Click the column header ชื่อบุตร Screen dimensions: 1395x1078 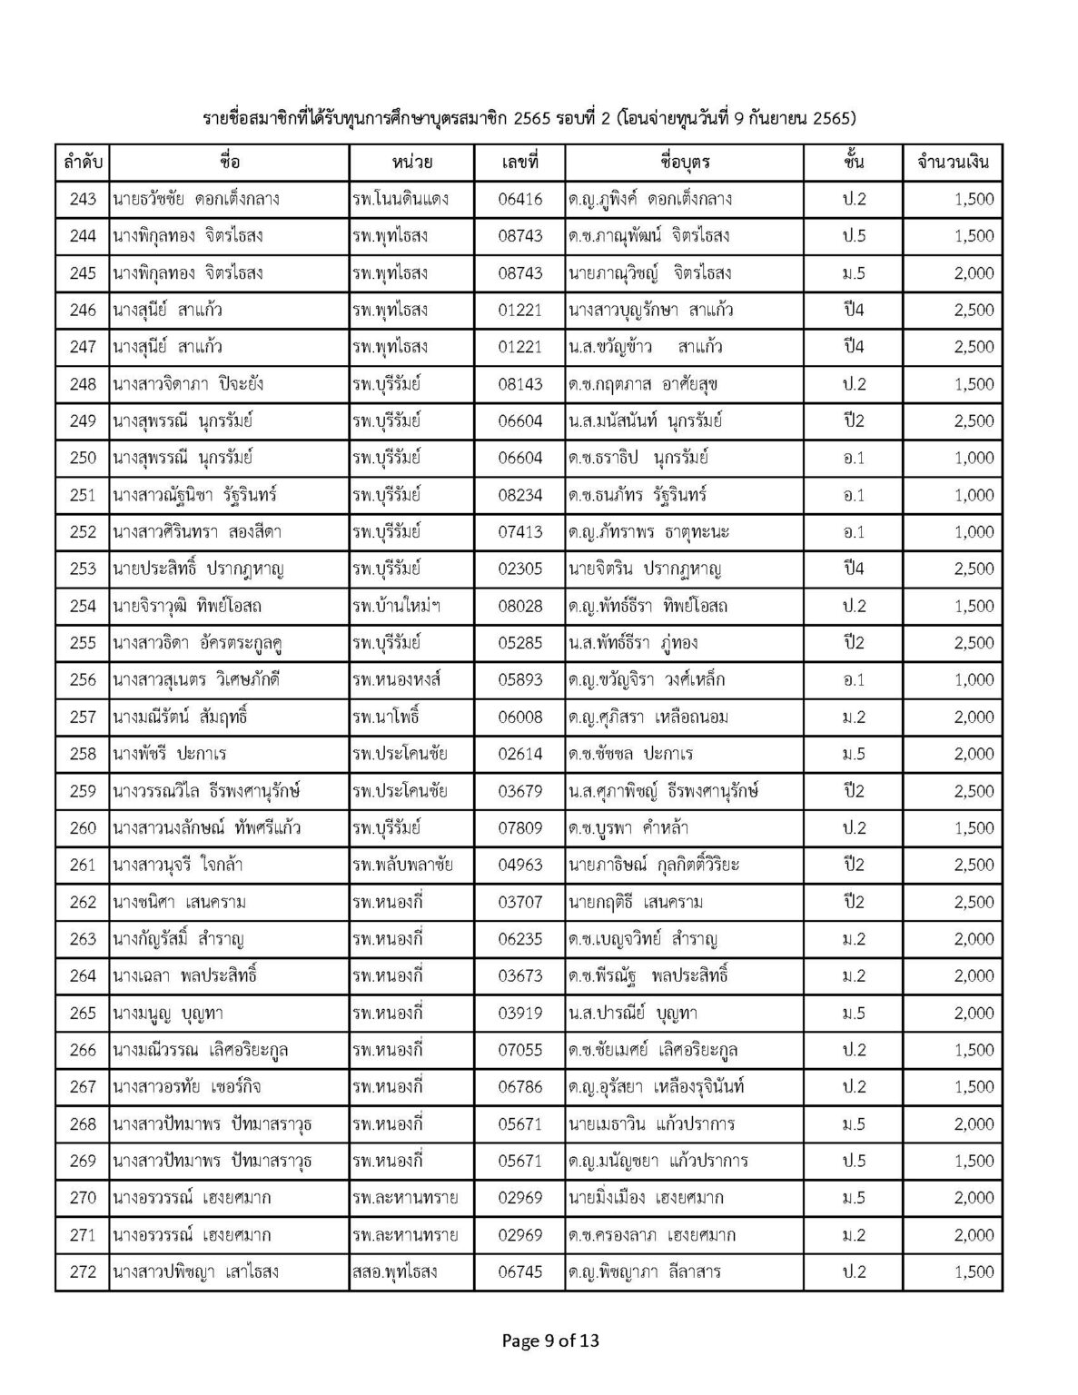coord(685,163)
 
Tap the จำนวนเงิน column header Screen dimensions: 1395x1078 coord(954,163)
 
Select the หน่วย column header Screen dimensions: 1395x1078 coord(412,163)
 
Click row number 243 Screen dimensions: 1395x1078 coord(83,199)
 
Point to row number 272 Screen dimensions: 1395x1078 coord(83,1271)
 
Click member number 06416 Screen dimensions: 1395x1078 coord(520,199)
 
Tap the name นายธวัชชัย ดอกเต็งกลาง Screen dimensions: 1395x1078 coord(195,199)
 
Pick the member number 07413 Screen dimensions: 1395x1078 coord(520,532)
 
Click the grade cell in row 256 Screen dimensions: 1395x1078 coord(854,680)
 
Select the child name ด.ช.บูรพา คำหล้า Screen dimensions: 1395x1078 coord(635,828)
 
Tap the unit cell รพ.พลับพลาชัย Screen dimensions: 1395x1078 coord(403,865)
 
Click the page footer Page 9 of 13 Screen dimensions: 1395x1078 coord(550,1341)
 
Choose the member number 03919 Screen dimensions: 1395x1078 coord(520,1013)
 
